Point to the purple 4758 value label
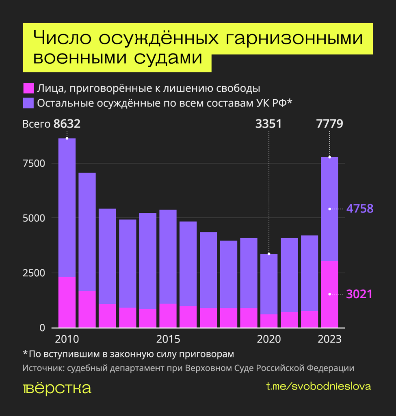359,209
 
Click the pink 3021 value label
359,294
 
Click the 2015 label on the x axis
168,339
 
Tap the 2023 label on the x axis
329,339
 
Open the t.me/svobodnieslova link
318,386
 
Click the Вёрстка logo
57,388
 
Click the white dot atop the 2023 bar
330,157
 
